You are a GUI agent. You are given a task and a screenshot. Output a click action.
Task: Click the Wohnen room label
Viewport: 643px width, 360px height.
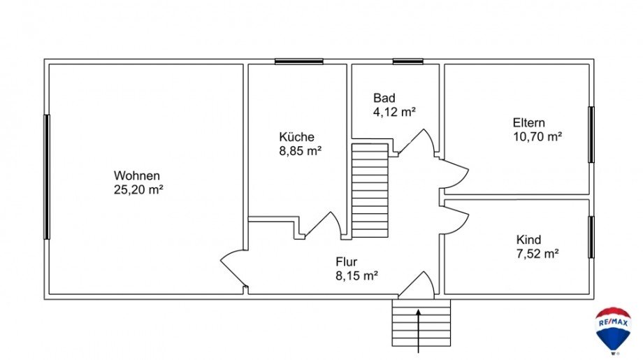pyautogui.click(x=138, y=175)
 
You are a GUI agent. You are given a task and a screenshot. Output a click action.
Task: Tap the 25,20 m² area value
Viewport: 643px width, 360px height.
pyautogui.click(x=138, y=189)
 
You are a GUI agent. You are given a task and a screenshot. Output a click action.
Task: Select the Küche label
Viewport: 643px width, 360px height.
pyautogui.click(x=296, y=137)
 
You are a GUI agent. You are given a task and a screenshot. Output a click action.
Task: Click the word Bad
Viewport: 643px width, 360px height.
pyautogui.click(x=384, y=98)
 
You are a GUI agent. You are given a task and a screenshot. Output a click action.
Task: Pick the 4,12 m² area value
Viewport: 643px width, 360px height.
pyautogui.click(x=394, y=111)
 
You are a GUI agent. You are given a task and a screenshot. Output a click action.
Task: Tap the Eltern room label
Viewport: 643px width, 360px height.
pyautogui.click(x=529, y=123)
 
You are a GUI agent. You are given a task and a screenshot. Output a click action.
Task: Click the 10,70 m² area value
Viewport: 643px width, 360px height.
pyautogui.click(x=537, y=137)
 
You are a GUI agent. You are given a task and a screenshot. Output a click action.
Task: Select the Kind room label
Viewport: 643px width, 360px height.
pyautogui.click(x=528, y=240)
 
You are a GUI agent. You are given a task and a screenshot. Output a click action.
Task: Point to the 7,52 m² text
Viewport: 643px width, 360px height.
pyautogui.click(x=537, y=254)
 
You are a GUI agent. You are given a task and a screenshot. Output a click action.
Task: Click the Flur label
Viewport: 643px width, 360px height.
pyautogui.click(x=347, y=262)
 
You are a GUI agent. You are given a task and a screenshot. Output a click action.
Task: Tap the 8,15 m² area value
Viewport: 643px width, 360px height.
pyautogui.click(x=356, y=275)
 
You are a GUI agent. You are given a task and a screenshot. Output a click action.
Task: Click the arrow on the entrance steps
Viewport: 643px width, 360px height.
pyautogui.click(x=418, y=329)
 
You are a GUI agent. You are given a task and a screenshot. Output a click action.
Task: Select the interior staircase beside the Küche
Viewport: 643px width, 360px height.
pyautogui.click(x=369, y=190)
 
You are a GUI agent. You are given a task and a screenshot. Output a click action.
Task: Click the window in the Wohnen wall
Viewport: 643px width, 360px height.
pyautogui.click(x=47, y=177)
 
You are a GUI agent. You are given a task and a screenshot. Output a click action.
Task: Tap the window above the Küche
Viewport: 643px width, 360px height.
pyautogui.click(x=298, y=62)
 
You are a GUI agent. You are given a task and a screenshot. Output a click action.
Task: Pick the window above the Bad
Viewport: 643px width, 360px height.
pyautogui.click(x=407, y=62)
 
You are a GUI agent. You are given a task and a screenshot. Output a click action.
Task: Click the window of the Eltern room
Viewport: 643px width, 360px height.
pyautogui.click(x=591, y=135)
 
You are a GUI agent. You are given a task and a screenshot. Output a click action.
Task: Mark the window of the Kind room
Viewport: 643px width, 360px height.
pyautogui.click(x=591, y=237)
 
